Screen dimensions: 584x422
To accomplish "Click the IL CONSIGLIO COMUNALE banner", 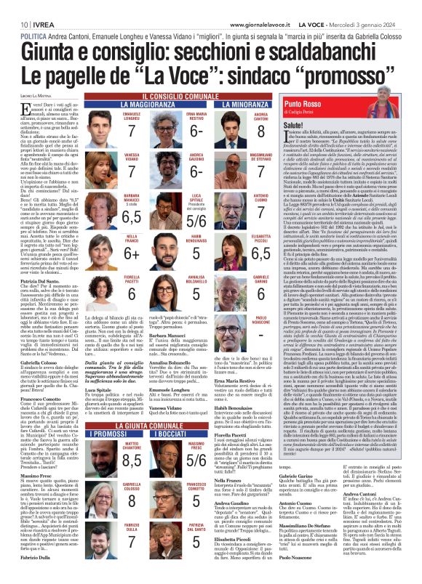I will pyautogui.click(x=210, y=97).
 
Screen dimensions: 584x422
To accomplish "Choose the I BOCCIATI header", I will pyautogui.click(x=218, y=412).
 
